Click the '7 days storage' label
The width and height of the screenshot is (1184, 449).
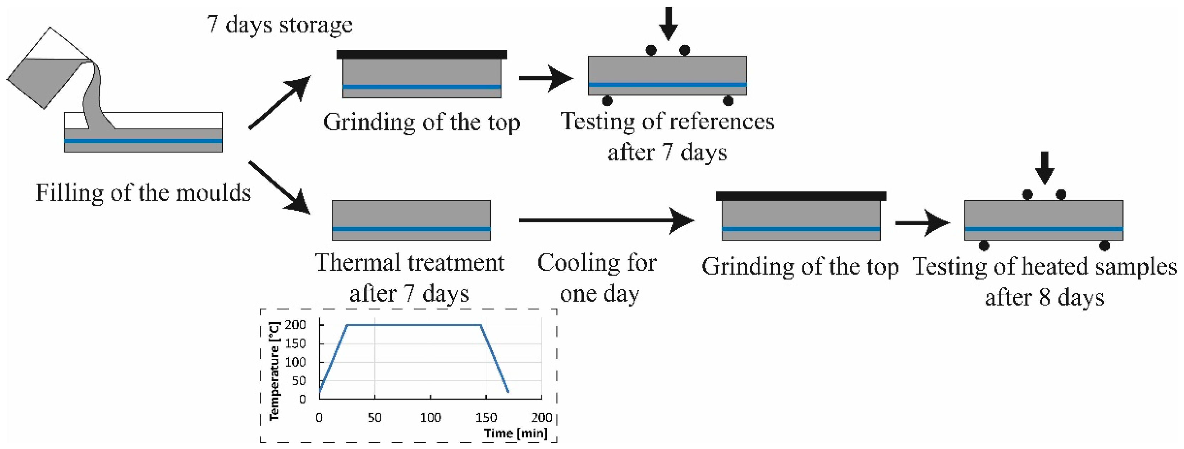[279, 24]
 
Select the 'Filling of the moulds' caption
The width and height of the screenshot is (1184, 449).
[143, 193]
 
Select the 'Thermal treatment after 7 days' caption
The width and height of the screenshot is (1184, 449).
[409, 278]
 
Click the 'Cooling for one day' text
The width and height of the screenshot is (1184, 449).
[598, 278]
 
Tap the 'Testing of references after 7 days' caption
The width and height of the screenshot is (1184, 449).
[667, 136]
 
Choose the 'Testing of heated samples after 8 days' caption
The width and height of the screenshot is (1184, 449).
[1044, 281]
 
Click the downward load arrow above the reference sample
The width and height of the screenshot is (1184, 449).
[668, 23]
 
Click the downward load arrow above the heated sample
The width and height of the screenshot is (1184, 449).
[1044, 167]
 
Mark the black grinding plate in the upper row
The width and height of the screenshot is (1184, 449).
[421, 55]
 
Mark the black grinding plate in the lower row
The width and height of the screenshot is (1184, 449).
[801, 196]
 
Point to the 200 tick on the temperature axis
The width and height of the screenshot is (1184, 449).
[295, 325]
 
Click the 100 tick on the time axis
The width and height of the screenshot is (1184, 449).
[430, 417]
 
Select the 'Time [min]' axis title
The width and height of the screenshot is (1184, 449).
[515, 433]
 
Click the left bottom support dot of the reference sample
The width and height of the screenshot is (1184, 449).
[607, 101]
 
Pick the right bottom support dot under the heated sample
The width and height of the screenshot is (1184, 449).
[1104, 245]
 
